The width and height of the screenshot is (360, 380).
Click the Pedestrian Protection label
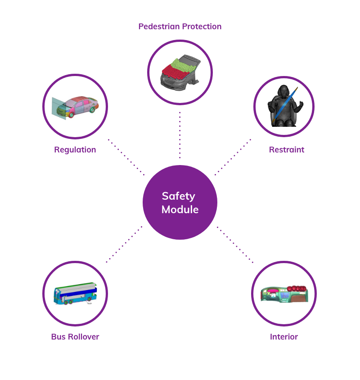tap(180, 27)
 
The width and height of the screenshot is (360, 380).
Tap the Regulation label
tap(75, 150)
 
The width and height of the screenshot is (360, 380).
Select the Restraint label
tap(287, 150)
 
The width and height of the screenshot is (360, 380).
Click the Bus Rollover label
tap(75, 337)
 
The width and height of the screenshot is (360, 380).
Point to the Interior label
tap(284, 337)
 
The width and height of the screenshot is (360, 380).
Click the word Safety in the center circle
tap(178, 196)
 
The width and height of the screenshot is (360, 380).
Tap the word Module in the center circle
tap(180, 210)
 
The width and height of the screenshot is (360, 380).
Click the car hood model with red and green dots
tap(180, 72)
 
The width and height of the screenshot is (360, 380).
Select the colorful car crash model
tap(75, 107)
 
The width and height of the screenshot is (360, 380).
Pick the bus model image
tap(75, 294)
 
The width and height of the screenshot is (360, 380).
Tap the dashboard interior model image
tap(284, 294)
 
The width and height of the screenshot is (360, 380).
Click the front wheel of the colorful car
tap(71, 115)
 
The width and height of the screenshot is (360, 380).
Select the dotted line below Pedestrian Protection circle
tap(180, 135)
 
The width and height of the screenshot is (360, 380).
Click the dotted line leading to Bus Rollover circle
tap(124, 244)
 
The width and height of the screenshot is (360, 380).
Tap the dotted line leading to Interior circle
tap(235, 245)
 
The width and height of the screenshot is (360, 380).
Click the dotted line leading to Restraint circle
tap(233, 157)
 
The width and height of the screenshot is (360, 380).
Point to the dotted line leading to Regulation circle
tap(126, 157)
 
